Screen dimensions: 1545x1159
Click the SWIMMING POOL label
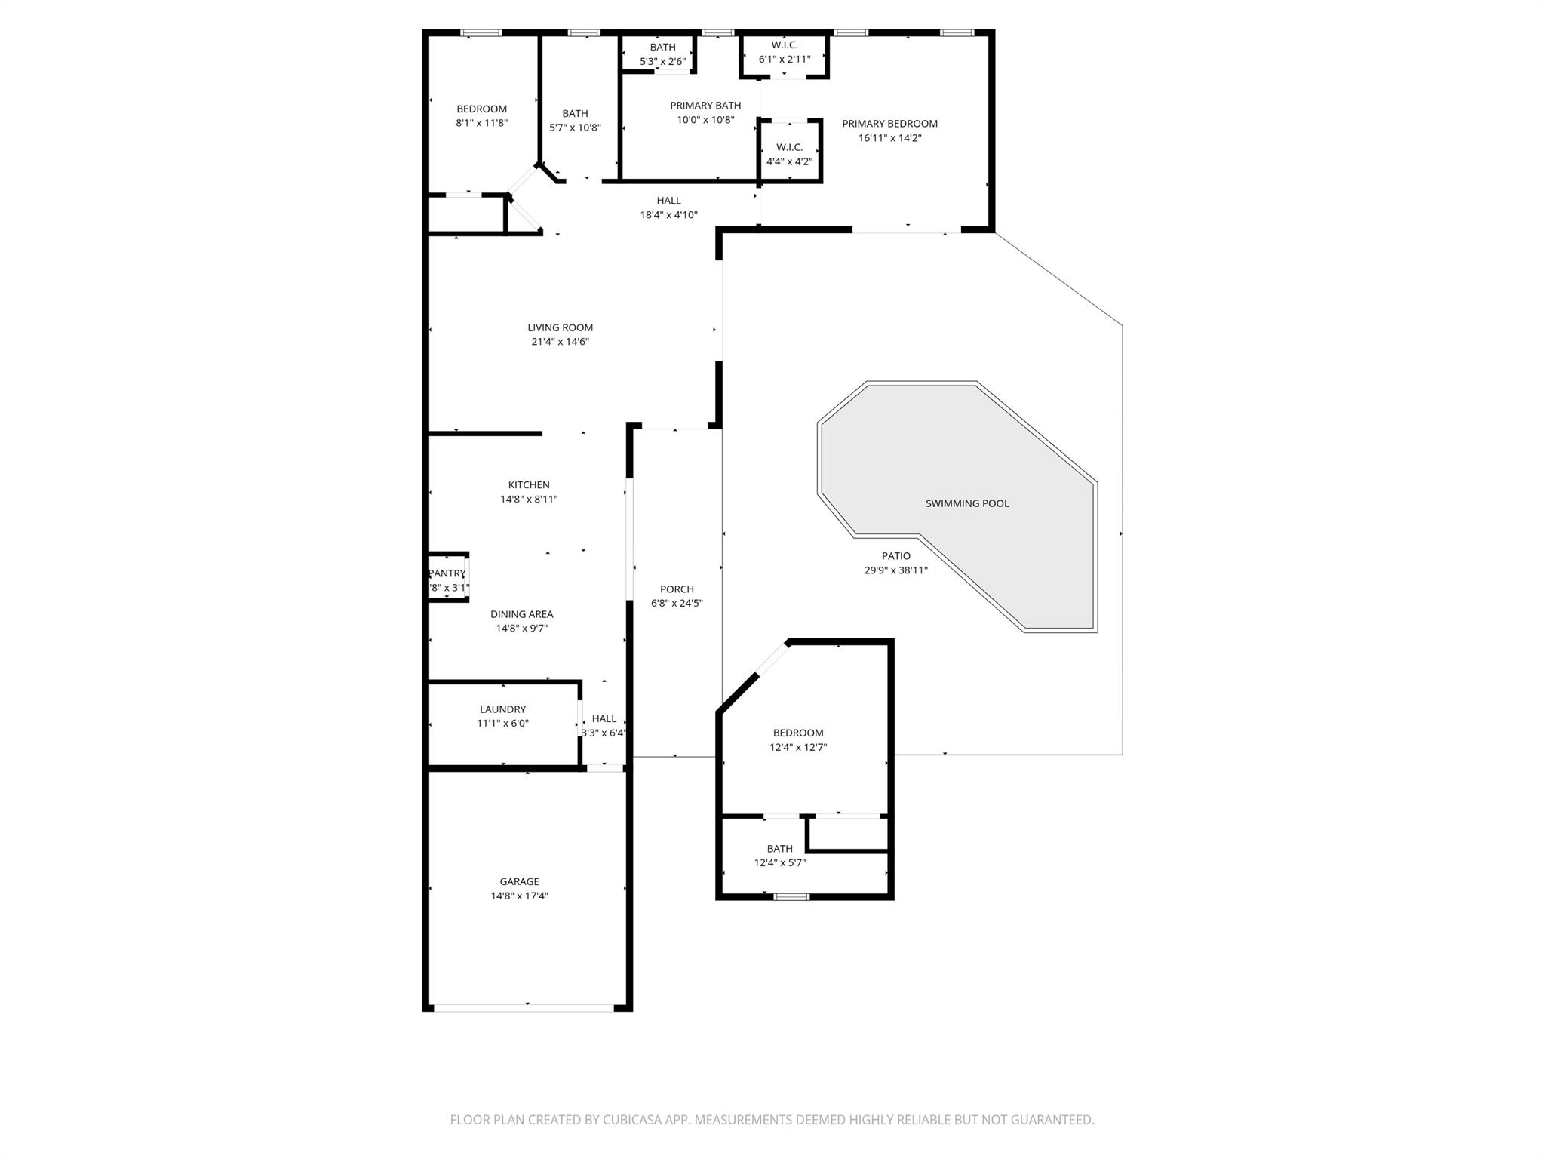click(967, 503)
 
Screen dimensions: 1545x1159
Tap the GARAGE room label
click(519, 881)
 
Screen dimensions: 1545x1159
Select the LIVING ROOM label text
click(560, 327)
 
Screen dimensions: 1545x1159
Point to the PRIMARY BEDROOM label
click(889, 124)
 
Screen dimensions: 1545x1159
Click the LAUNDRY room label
click(502, 709)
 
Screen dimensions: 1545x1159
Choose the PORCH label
click(677, 589)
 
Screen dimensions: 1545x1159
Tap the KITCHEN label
click(529, 485)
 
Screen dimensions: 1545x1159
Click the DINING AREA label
click(521, 614)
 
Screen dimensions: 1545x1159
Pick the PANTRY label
click(447, 573)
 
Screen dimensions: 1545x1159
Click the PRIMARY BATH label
click(705, 106)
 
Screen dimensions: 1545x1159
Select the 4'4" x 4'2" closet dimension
click(789, 161)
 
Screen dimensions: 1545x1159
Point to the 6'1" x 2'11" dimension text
click(785, 59)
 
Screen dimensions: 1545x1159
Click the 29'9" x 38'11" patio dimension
click(896, 570)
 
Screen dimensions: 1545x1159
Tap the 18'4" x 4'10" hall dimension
click(668, 215)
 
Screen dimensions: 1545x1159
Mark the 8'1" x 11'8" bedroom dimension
click(481, 123)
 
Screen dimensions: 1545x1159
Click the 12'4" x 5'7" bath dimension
click(780, 863)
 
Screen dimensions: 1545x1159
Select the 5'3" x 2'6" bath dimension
click(662, 62)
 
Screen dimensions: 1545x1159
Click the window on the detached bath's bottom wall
click(791, 896)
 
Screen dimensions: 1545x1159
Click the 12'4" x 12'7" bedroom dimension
click(798, 748)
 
